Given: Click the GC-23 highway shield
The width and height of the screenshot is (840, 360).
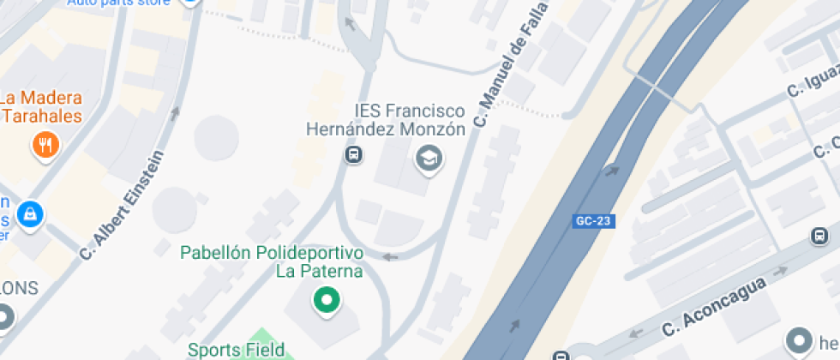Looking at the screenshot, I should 594,221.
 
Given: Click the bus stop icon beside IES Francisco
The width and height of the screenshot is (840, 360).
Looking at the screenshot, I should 352,155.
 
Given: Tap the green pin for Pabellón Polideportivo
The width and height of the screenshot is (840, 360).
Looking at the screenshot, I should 326,300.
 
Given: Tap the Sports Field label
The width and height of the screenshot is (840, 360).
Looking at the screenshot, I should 228,350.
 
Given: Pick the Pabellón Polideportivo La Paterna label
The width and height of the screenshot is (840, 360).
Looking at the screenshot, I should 272,262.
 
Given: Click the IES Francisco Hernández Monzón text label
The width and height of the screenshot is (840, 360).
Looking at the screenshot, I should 387,120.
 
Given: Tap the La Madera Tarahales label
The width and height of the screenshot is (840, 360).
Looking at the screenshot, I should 41,106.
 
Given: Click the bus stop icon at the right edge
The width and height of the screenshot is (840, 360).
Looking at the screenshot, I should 819,236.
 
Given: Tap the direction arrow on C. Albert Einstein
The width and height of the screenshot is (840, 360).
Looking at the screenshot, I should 175,112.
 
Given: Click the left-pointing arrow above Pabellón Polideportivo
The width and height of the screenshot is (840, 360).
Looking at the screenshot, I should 390,256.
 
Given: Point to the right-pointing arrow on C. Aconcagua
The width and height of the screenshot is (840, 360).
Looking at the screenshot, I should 781,271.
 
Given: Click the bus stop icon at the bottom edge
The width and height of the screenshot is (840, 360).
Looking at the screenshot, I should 560,356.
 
